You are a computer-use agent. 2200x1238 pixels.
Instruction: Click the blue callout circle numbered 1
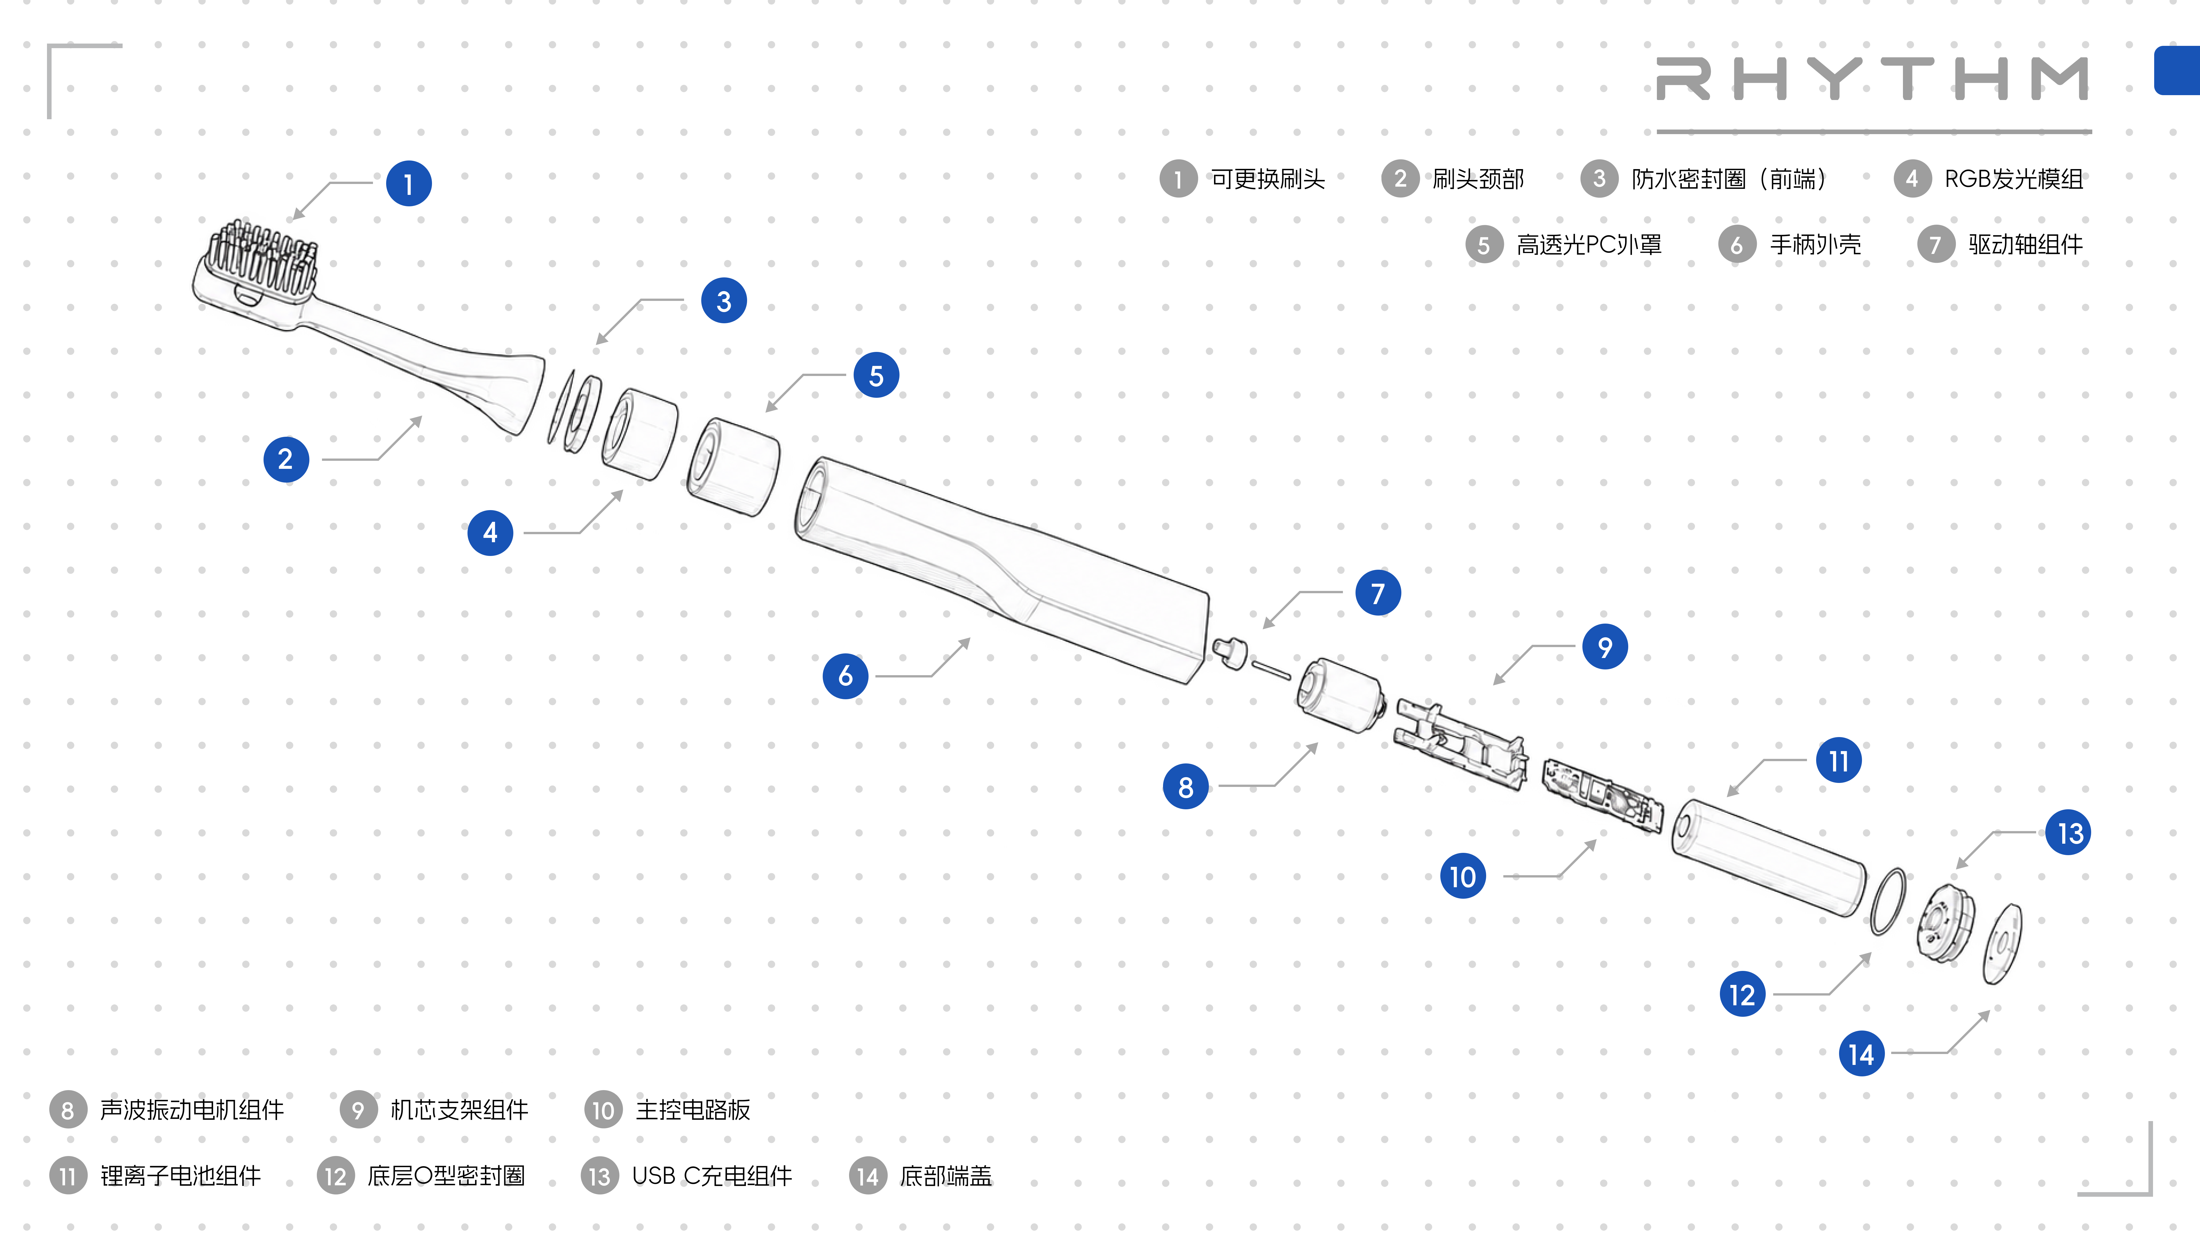408,184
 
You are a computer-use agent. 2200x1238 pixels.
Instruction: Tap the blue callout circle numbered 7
1378,593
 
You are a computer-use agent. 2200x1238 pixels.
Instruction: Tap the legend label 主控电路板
693,1110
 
